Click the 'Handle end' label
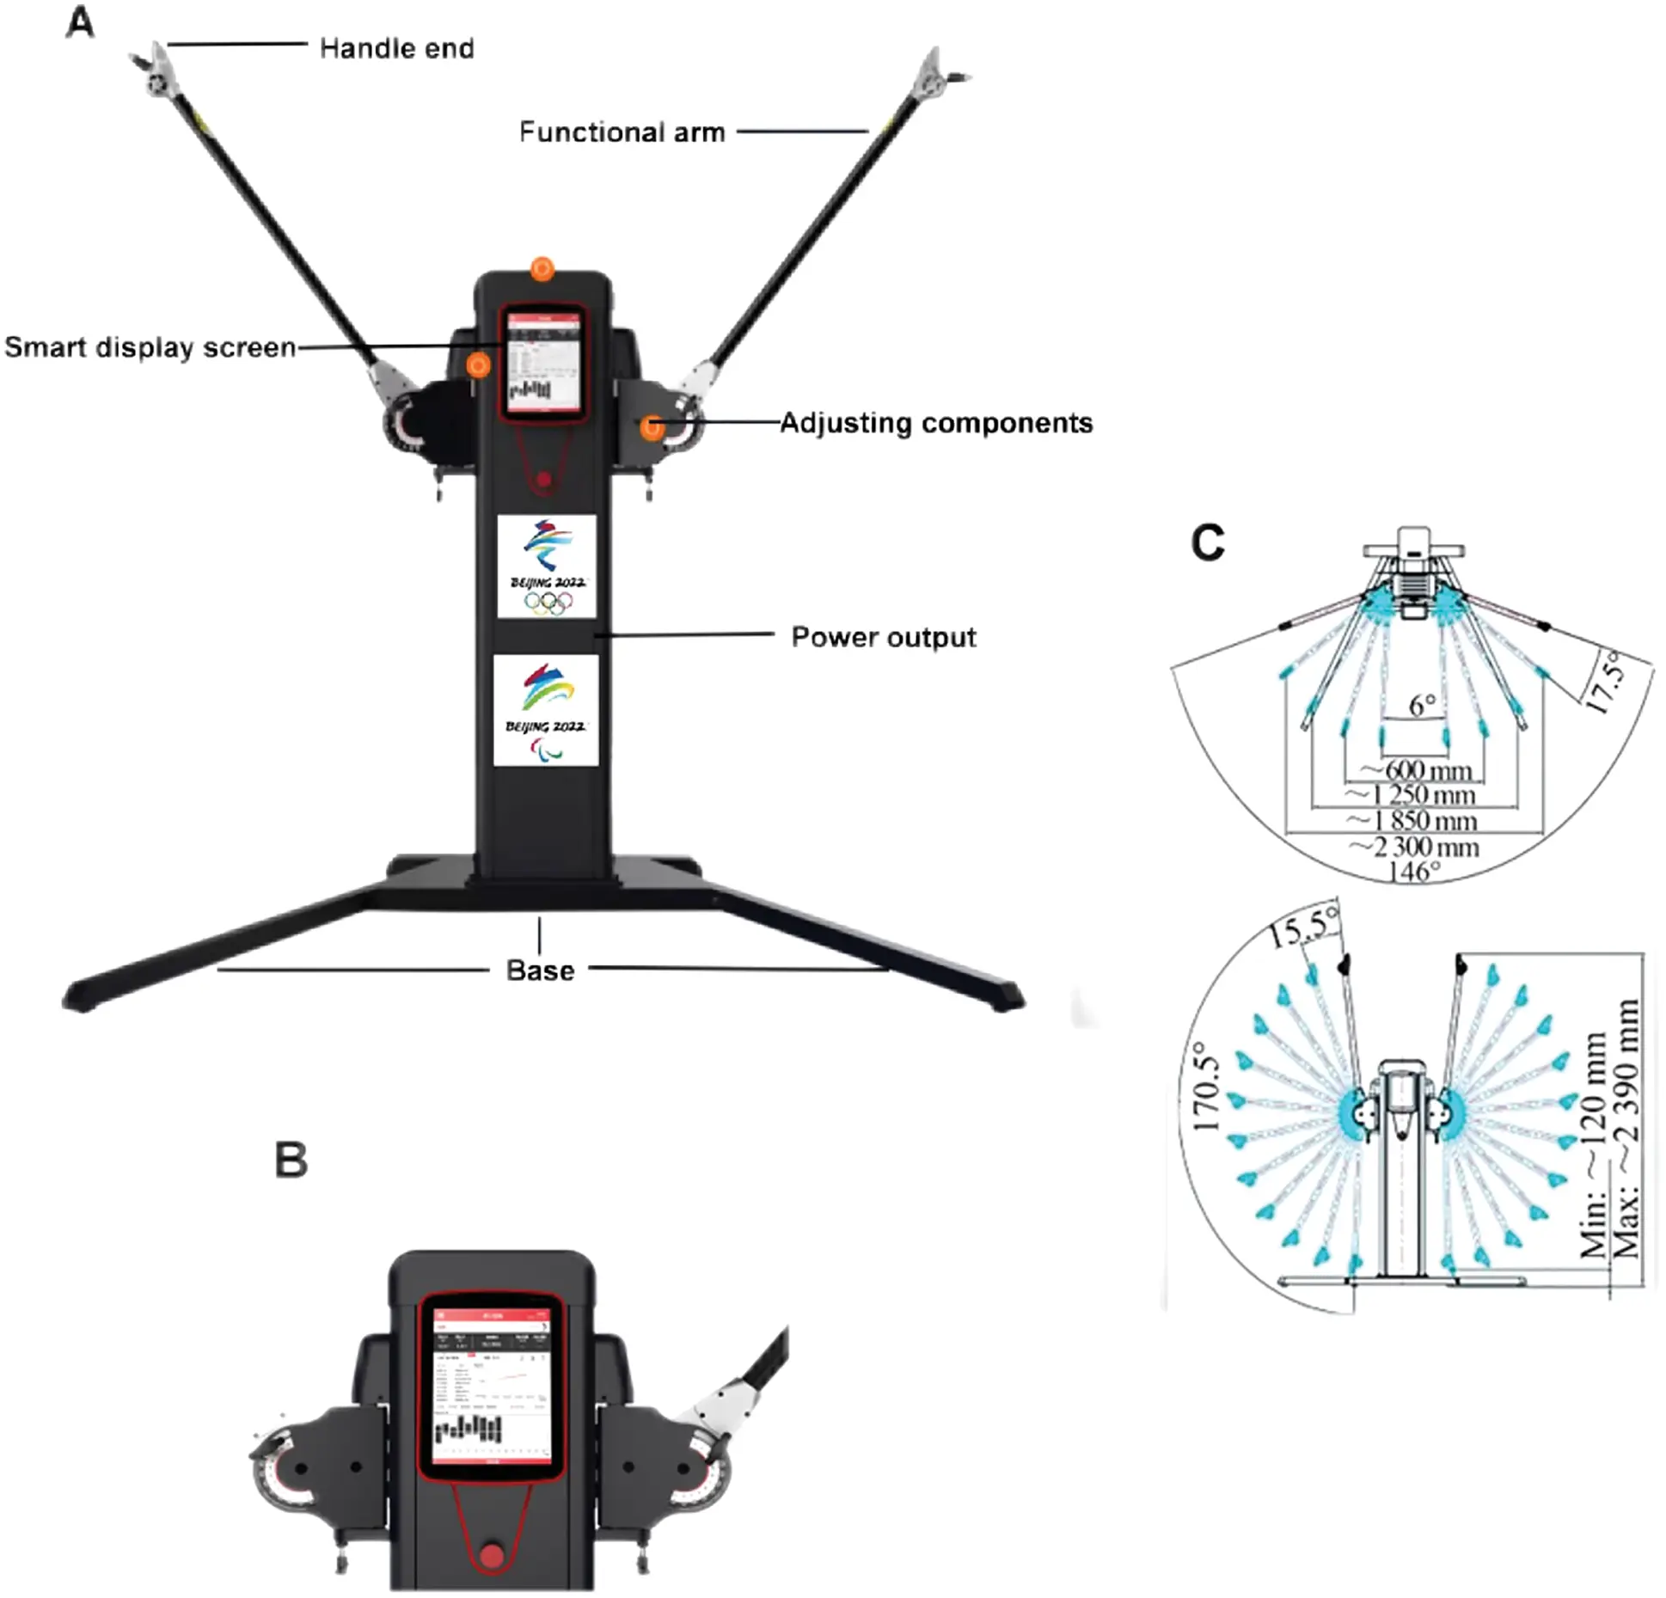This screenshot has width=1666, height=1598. pos(396,48)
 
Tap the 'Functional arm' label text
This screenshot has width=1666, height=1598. pos(622,132)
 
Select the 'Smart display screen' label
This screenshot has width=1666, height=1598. pos(150,347)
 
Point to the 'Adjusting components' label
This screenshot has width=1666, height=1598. pos(936,423)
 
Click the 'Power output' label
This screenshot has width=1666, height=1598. pos(884,637)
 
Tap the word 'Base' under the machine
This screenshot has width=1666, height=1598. pos(540,970)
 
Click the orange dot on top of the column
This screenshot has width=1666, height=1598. pos(542,270)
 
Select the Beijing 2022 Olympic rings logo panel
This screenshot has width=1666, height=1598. pos(547,566)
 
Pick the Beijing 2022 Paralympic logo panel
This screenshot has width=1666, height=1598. pos(546,710)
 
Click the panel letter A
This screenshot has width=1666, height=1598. pos(80,23)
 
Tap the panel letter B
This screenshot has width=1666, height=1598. pos(291,1160)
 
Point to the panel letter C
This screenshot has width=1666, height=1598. pos(1207,543)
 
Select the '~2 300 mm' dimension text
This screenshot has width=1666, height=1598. pos(1415,848)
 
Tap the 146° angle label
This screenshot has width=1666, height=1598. pos(1413,872)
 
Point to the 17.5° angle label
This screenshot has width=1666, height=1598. pos(1606,683)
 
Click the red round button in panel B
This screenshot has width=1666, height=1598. pos(491,1556)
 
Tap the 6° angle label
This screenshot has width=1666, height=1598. pos(1422,705)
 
